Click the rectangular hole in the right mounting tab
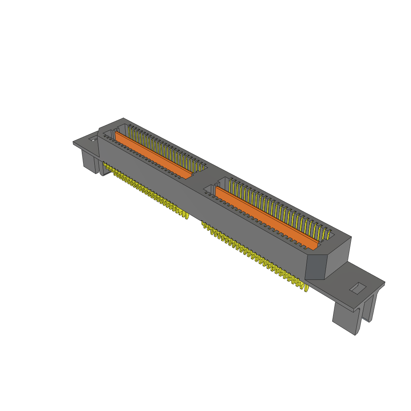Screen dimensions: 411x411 357,288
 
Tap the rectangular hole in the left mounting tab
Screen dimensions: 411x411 93,139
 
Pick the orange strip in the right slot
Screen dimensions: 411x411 265,217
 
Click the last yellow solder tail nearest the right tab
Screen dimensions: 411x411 307,288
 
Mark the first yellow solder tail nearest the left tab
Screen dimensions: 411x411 104,165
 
